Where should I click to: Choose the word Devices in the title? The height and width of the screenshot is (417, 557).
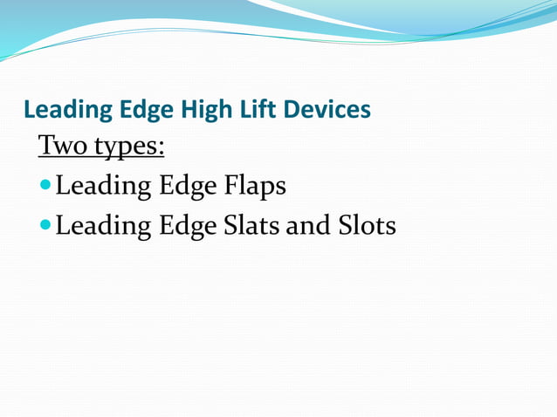tap(325, 110)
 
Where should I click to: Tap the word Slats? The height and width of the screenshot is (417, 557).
tap(252, 226)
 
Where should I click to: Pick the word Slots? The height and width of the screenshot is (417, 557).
tap(367, 226)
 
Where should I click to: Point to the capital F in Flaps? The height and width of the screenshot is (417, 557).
tap(231, 186)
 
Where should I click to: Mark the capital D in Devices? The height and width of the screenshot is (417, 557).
tap(289, 110)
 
